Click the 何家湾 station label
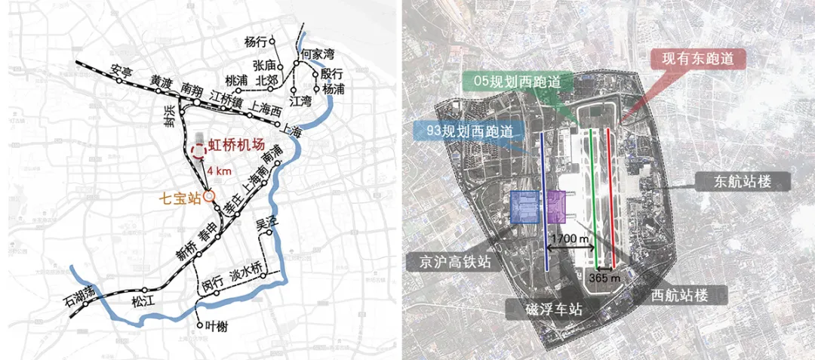coord(318,54)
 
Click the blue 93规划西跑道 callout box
coord(464,131)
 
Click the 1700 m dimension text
coord(571,239)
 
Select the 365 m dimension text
coord(604,278)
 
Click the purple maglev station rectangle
coord(557,206)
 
